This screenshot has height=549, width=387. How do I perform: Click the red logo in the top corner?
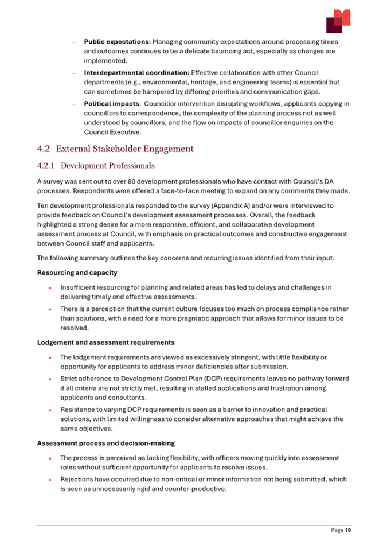[338, 21]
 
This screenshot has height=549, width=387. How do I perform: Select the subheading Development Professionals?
[107, 166]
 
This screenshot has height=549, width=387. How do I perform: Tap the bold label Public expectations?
[118, 42]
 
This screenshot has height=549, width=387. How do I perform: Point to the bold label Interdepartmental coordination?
[136, 73]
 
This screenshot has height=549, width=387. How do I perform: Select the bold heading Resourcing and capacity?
[76, 273]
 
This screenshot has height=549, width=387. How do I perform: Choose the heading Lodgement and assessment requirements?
[106, 342]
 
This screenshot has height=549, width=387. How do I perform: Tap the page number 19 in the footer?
[347, 531]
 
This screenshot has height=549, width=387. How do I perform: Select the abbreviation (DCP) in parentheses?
[214, 379]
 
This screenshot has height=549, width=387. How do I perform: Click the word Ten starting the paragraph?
[43, 205]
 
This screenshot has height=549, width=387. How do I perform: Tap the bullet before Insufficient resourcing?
[51, 288]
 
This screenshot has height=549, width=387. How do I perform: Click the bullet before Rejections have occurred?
[51, 480]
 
